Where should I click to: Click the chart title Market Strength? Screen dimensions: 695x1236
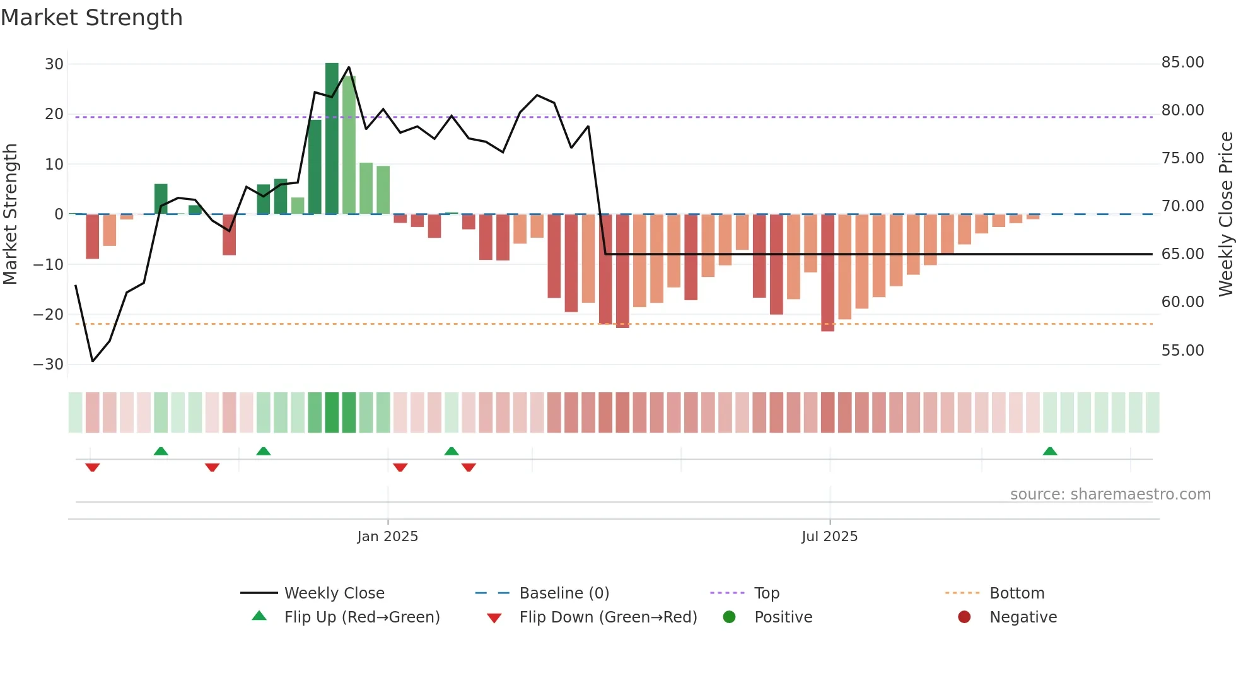coord(91,18)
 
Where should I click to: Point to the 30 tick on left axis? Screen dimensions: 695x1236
coord(54,64)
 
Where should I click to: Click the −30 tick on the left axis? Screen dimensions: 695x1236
coord(49,365)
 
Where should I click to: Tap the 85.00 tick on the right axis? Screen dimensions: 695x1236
coord(1182,62)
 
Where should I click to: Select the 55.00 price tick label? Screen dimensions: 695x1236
coord(1182,351)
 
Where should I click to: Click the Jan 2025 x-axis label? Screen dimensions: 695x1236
coord(387,537)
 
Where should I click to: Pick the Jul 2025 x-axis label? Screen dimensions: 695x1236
coord(829,537)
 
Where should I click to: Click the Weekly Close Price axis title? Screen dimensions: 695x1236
coord(1225,214)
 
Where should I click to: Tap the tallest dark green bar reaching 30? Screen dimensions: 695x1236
coord(332,139)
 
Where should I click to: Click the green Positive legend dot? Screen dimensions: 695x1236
coord(729,617)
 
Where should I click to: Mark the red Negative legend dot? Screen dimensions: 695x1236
coord(964,617)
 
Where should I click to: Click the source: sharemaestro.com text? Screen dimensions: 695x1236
coord(1110,494)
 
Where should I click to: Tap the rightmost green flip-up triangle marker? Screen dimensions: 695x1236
coord(1050,452)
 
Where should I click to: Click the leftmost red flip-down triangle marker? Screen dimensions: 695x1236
coord(93,467)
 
